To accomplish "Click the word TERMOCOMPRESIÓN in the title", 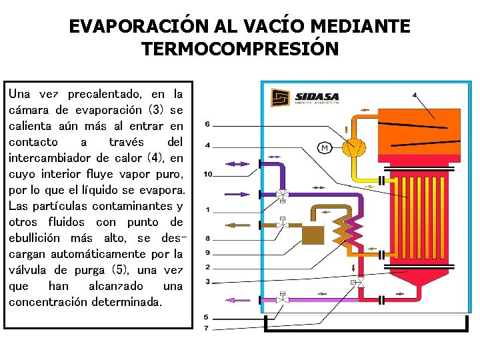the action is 240,49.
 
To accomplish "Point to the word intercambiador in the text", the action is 52,158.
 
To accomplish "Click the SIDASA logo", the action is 305,97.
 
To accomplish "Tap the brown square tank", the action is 311,235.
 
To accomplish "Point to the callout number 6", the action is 207,124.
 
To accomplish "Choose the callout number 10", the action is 208,175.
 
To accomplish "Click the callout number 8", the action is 207,238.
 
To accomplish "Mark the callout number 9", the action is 207,253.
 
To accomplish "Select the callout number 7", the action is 206,328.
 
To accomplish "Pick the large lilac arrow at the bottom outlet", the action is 231,300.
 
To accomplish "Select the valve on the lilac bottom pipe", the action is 283,298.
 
